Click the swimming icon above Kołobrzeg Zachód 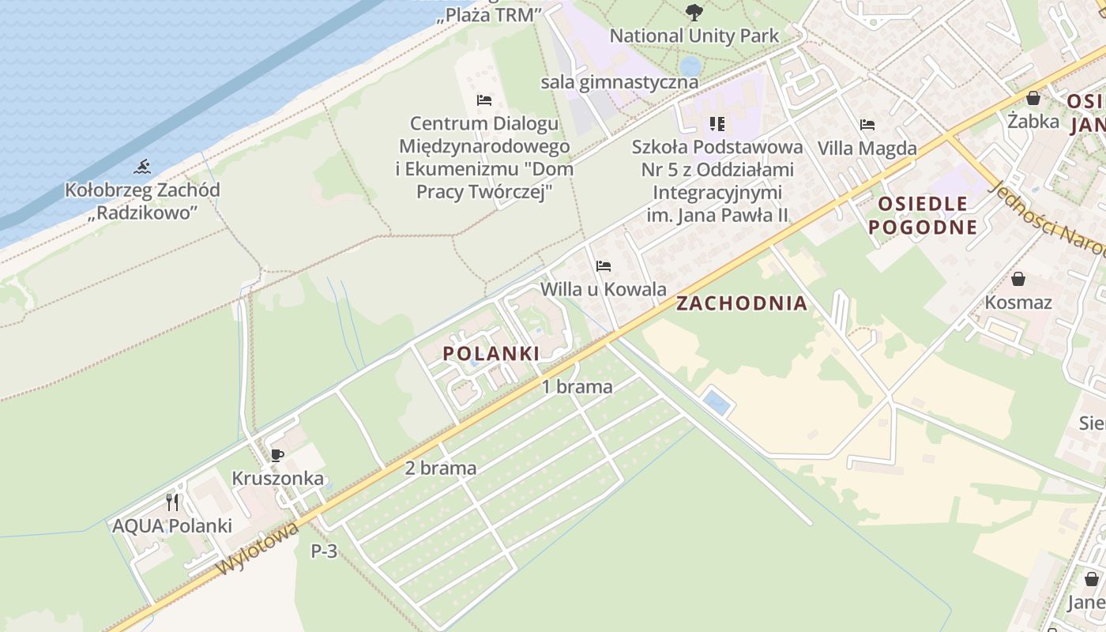pyautogui.click(x=142, y=166)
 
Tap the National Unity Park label pyautogui.click(x=694, y=36)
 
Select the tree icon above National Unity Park pyautogui.click(x=694, y=12)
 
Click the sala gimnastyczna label pyautogui.click(x=619, y=82)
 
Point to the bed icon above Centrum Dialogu pyautogui.click(x=484, y=100)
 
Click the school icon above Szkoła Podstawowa pyautogui.click(x=717, y=124)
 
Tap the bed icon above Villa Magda pyautogui.click(x=867, y=125)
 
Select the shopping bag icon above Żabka pyautogui.click(x=1033, y=98)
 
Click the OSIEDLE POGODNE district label pyautogui.click(x=923, y=216)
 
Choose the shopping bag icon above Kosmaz pyautogui.click(x=1018, y=279)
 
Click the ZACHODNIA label pyautogui.click(x=742, y=303)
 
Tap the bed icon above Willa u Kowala pyautogui.click(x=604, y=266)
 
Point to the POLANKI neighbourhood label pyautogui.click(x=491, y=354)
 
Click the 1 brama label pyautogui.click(x=577, y=386)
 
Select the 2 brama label pyautogui.click(x=441, y=468)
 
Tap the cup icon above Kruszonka pyautogui.click(x=276, y=455)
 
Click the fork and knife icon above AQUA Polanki pyautogui.click(x=172, y=502)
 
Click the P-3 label pyautogui.click(x=324, y=551)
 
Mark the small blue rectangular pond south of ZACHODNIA pyautogui.click(x=716, y=402)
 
